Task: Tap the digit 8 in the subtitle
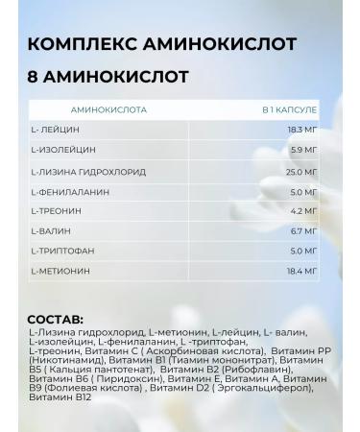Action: coord(34,76)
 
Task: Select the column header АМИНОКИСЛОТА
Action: coord(108,109)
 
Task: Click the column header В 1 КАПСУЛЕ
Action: coord(290,109)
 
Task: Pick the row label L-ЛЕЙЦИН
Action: coord(56,130)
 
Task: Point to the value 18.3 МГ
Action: coord(301,130)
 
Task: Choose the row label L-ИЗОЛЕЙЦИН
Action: coord(63,150)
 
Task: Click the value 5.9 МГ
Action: coord(304,150)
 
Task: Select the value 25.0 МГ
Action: coord(301,171)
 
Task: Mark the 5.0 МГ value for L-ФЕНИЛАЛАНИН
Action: coord(304,191)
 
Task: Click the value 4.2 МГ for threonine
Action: coord(304,211)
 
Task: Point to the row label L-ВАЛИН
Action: coord(53,231)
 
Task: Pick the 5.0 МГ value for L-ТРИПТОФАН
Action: coord(304,252)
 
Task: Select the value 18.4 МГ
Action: coord(301,272)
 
